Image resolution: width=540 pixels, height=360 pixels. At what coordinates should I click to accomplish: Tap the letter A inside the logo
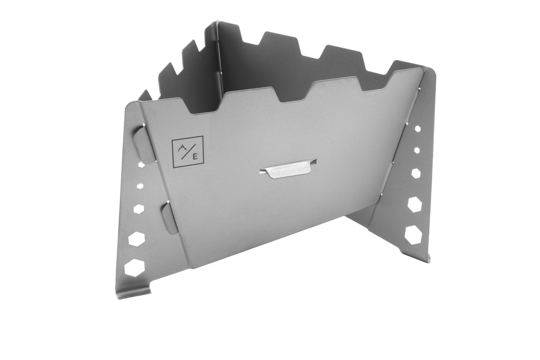click(x=183, y=147)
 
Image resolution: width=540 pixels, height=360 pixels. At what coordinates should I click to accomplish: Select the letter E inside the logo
click(x=195, y=158)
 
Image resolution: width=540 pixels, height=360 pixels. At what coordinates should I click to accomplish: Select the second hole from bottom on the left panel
click(x=136, y=238)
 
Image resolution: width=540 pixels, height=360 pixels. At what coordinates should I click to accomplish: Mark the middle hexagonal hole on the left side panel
click(x=139, y=209)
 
